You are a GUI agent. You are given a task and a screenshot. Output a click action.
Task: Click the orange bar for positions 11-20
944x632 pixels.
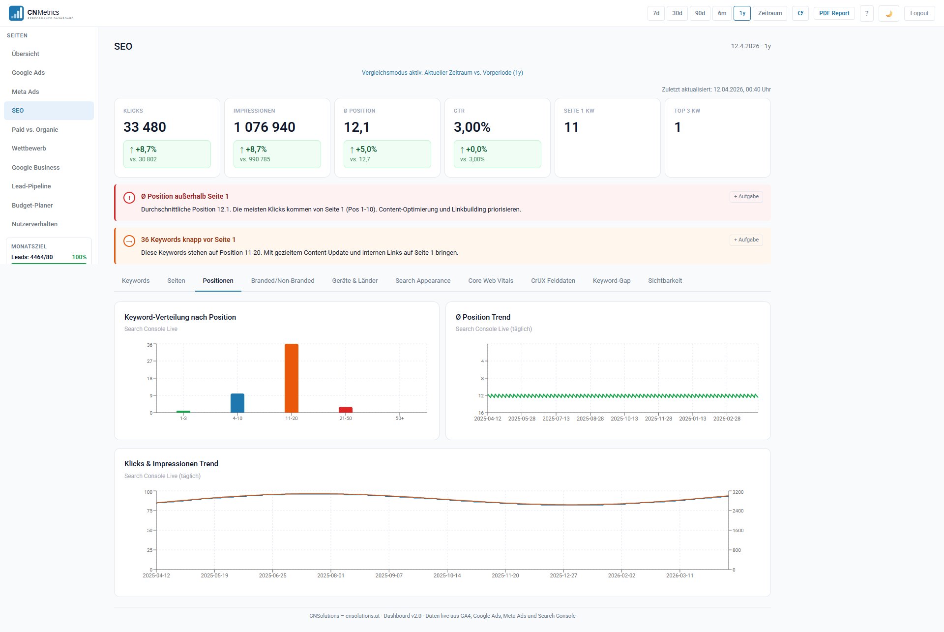pyautogui.click(x=291, y=378)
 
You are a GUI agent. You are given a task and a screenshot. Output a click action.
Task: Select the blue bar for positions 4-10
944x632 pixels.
pyautogui.click(x=237, y=403)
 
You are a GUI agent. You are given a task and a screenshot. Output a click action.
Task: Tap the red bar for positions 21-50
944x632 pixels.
pyautogui.click(x=345, y=410)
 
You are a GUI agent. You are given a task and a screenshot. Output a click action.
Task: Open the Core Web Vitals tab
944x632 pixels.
pyautogui.click(x=490, y=280)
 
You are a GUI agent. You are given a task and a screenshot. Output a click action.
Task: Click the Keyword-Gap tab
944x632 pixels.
pyautogui.click(x=611, y=280)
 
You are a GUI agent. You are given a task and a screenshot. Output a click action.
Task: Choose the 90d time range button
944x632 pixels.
pyautogui.click(x=700, y=13)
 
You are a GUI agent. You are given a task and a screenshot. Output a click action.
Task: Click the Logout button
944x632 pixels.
pyautogui.click(x=919, y=13)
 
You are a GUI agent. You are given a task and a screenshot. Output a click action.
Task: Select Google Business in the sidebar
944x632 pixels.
pyautogui.click(x=35, y=167)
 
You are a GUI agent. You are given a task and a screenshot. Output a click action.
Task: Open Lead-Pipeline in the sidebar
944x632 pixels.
pyautogui.click(x=31, y=186)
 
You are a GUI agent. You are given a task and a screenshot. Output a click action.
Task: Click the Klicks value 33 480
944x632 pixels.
pyautogui.click(x=145, y=127)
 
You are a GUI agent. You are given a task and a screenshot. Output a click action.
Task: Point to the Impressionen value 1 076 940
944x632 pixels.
pyautogui.click(x=264, y=127)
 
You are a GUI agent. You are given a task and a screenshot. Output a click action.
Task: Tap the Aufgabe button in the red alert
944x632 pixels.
pyautogui.click(x=746, y=196)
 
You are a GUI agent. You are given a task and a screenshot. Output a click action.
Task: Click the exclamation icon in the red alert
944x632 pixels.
pyautogui.click(x=129, y=198)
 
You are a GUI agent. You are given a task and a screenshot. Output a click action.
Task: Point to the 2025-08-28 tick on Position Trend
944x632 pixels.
pyautogui.click(x=590, y=419)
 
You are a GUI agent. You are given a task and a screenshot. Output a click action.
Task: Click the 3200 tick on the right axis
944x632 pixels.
pyautogui.click(x=737, y=492)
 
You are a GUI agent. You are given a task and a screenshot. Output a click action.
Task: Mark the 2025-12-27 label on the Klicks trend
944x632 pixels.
pyautogui.click(x=563, y=575)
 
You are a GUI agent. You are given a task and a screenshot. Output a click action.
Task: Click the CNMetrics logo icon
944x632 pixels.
pyautogui.click(x=16, y=13)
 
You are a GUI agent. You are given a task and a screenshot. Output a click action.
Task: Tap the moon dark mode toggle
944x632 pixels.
pyautogui.click(x=888, y=13)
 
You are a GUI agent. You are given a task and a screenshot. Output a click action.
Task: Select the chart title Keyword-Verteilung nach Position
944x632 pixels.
pyautogui.click(x=180, y=317)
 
